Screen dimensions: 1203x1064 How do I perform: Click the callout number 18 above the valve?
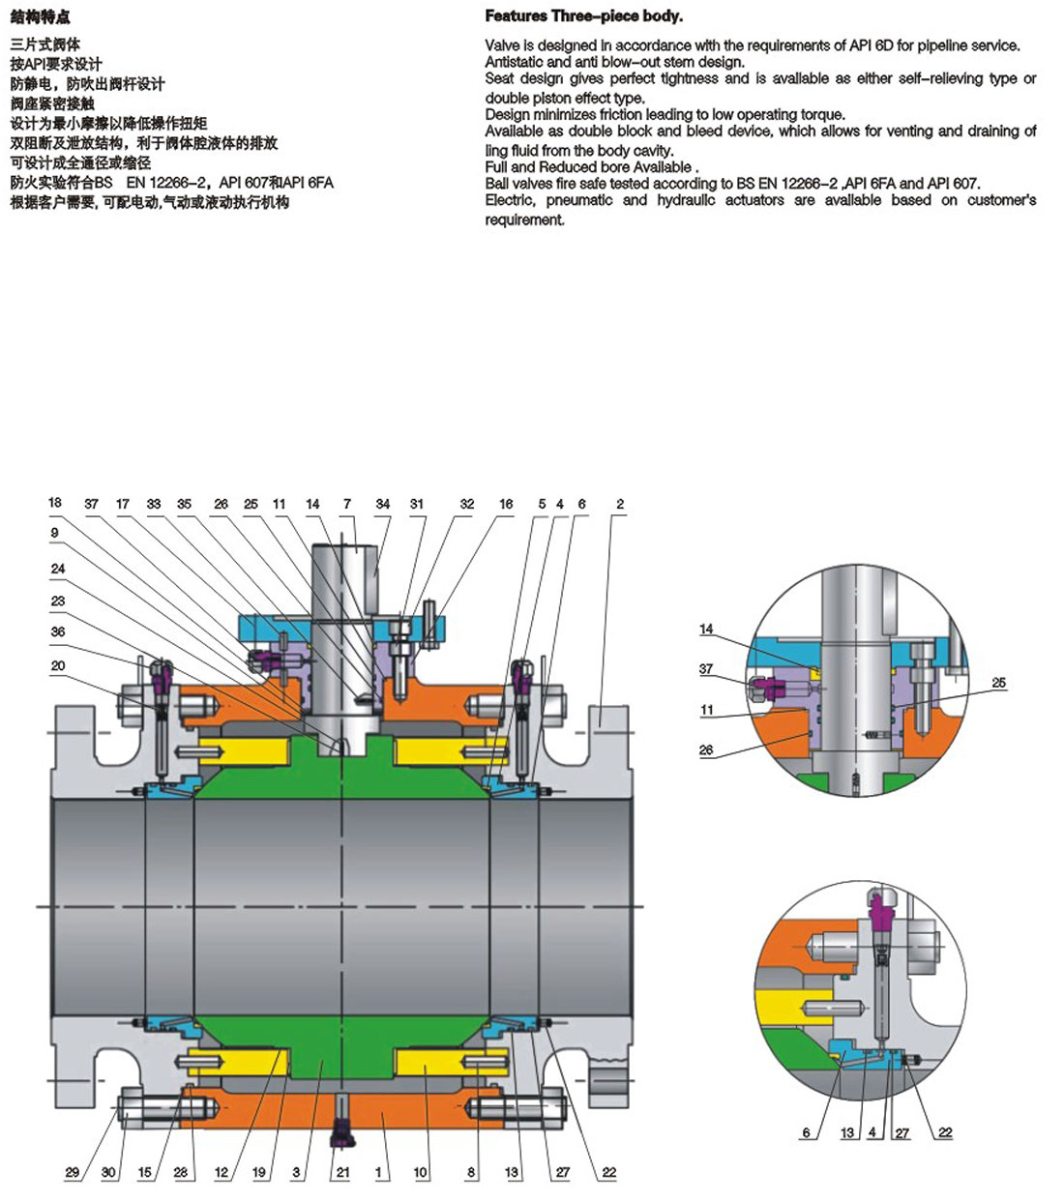(x=55, y=503)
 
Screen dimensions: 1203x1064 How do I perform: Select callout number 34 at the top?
(x=383, y=504)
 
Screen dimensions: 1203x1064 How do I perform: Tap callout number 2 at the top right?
(x=620, y=504)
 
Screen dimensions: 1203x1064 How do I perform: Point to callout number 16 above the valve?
(x=506, y=504)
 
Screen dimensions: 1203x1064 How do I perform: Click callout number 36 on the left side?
(x=58, y=631)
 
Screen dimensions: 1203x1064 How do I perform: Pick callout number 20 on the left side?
(x=58, y=665)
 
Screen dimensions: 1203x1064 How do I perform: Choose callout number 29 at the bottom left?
(x=73, y=1172)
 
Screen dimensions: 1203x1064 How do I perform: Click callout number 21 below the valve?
(x=342, y=1172)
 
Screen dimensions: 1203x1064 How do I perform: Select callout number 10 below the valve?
(x=421, y=1172)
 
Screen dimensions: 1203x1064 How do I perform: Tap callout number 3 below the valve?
(x=296, y=1172)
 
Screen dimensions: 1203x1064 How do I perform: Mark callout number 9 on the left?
(x=54, y=532)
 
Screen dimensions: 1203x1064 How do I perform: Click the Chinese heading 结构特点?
(x=41, y=17)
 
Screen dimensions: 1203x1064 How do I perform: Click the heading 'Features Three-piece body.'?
(x=583, y=16)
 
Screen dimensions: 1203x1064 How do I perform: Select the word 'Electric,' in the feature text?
(x=509, y=200)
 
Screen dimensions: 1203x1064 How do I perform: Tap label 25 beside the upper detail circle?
(x=998, y=683)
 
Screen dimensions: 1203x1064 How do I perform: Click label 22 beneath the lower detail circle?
(x=945, y=1132)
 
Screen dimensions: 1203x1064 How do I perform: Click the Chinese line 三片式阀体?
(x=45, y=44)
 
